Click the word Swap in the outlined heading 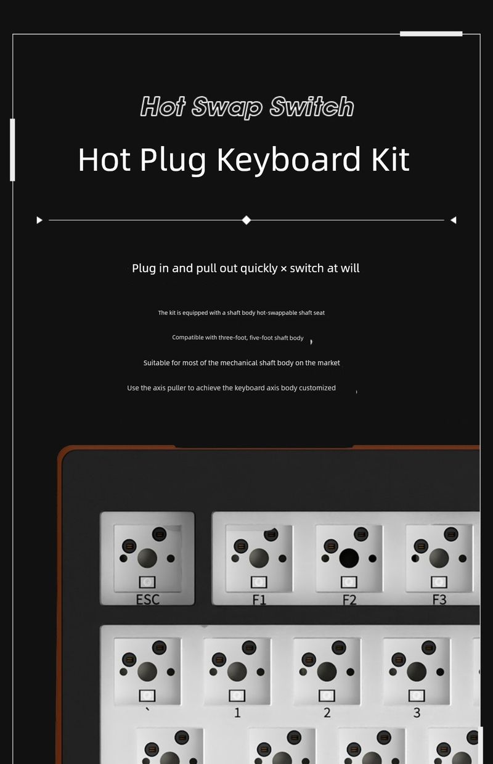pyautogui.click(x=227, y=107)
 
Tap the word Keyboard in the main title pyautogui.click(x=288, y=160)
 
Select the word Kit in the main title pyautogui.click(x=390, y=159)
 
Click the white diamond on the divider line pyautogui.click(x=246, y=220)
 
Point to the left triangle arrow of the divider pyautogui.click(x=39, y=220)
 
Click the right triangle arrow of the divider pyautogui.click(x=454, y=220)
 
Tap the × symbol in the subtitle pyautogui.click(x=283, y=269)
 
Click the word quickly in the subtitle pyautogui.click(x=259, y=269)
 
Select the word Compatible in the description pyautogui.click(x=187, y=338)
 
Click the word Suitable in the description pyautogui.click(x=157, y=363)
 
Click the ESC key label pyautogui.click(x=148, y=599)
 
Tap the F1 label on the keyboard pyautogui.click(x=259, y=599)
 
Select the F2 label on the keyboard pyautogui.click(x=349, y=599)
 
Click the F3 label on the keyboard pyautogui.click(x=439, y=599)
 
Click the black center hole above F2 pyautogui.click(x=349, y=558)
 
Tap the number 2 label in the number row pyautogui.click(x=327, y=712)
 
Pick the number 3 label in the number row pyautogui.click(x=417, y=712)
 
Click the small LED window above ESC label pyautogui.click(x=147, y=582)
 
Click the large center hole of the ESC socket pyautogui.click(x=147, y=558)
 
